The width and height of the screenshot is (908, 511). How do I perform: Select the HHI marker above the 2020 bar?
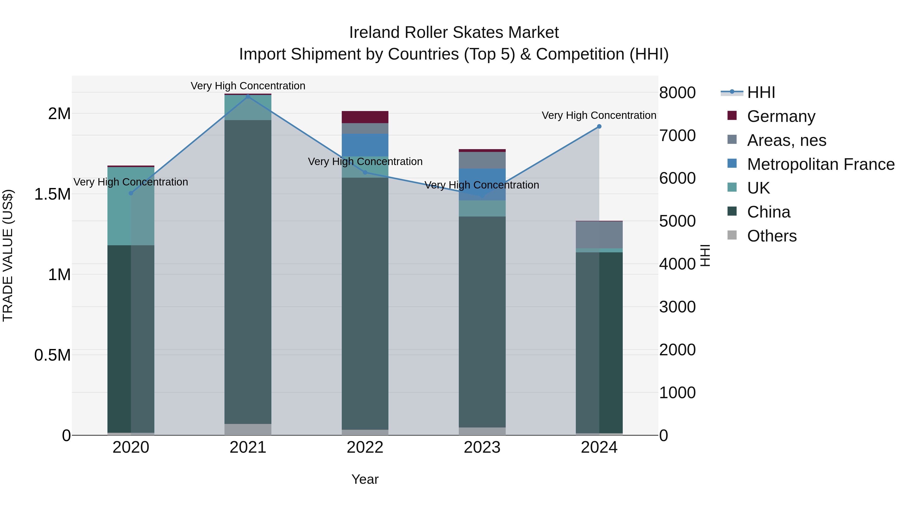pyautogui.click(x=131, y=193)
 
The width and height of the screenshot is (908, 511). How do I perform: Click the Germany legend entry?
pyautogui.click(x=781, y=116)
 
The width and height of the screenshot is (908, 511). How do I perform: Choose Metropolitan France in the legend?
pyautogui.click(x=820, y=164)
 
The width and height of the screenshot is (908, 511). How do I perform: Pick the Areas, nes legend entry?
pyautogui.click(x=786, y=140)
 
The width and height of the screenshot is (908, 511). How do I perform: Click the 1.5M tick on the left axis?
pyautogui.click(x=52, y=194)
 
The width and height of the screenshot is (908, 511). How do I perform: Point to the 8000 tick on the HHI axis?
pyautogui.click(x=677, y=93)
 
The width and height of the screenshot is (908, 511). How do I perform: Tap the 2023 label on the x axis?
pyautogui.click(x=482, y=447)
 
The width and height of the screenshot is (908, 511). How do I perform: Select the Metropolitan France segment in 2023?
pyautogui.click(x=482, y=184)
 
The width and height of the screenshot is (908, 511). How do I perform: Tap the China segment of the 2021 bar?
pyautogui.click(x=248, y=272)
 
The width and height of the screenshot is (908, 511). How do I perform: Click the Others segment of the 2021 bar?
pyautogui.click(x=248, y=429)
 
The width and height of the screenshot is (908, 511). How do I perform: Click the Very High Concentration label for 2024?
pyautogui.click(x=599, y=115)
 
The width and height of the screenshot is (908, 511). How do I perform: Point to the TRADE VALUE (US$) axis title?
pyautogui.click(x=8, y=255)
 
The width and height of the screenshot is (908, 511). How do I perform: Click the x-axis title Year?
pyautogui.click(x=365, y=479)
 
